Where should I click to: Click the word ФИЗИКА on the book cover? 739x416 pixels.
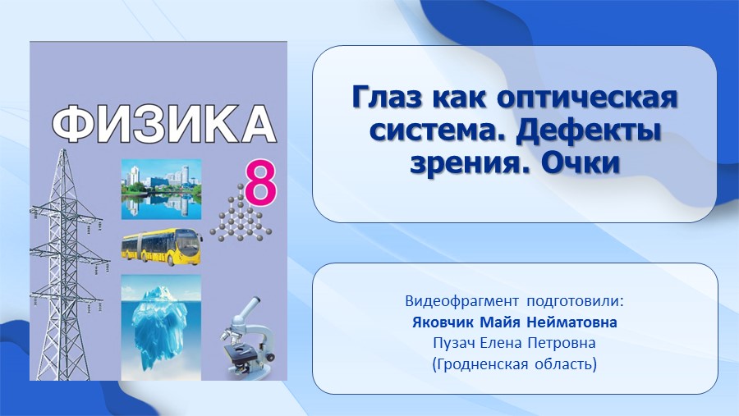tap(163, 125)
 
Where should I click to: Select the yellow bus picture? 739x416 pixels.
tap(162, 247)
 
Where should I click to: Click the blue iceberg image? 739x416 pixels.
tap(161, 327)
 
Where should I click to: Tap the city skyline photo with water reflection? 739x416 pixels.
tap(161, 190)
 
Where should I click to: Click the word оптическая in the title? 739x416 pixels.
tap(587, 98)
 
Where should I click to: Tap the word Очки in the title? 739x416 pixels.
tap(581, 163)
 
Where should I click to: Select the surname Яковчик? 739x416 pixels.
tap(443, 322)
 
